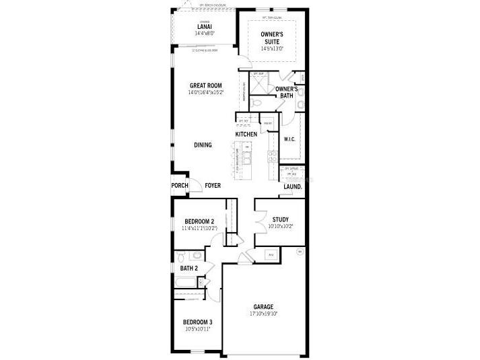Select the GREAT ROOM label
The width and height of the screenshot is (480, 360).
(205, 85)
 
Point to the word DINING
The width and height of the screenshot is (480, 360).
(203, 145)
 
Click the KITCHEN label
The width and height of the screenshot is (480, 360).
(246, 135)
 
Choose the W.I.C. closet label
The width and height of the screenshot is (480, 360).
(290, 139)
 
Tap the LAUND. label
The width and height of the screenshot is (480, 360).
(292, 186)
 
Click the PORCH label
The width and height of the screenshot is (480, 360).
(179, 185)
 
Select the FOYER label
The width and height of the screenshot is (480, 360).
(213, 185)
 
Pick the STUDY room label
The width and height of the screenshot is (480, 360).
(280, 220)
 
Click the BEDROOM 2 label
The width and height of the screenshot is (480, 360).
(199, 221)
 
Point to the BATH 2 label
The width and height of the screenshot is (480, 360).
(188, 268)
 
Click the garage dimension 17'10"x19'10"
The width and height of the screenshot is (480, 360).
(263, 313)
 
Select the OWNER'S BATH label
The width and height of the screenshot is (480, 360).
(287, 92)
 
